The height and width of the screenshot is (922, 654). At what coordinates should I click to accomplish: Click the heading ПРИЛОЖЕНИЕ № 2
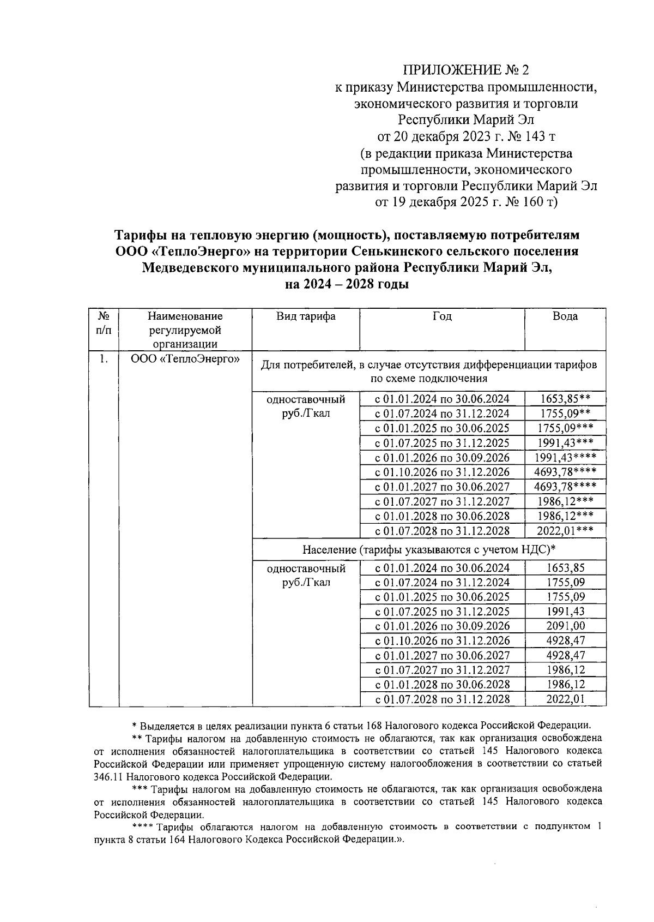(465, 70)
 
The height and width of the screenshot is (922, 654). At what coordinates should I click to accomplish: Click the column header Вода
(565, 316)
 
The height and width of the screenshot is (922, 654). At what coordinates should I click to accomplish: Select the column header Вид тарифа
(305, 316)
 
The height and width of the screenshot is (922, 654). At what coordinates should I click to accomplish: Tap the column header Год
(442, 316)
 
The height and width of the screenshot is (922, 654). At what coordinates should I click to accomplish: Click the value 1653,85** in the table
(565, 399)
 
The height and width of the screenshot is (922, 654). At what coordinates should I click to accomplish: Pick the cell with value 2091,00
(565, 626)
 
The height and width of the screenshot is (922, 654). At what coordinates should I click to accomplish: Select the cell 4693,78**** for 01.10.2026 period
(565, 472)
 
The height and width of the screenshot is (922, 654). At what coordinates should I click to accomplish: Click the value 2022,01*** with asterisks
(565, 531)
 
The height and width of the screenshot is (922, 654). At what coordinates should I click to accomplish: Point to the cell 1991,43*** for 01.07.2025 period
(565, 443)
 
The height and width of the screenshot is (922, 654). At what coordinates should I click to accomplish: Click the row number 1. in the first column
(104, 359)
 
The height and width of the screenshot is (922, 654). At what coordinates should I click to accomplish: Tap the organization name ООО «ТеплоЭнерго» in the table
(185, 359)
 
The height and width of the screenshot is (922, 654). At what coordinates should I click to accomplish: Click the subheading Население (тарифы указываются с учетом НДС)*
(429, 549)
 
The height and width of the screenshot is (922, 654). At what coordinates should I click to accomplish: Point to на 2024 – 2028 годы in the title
(347, 284)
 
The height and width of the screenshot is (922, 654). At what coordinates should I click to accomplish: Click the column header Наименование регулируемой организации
(185, 330)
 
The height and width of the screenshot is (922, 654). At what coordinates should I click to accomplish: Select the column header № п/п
(104, 323)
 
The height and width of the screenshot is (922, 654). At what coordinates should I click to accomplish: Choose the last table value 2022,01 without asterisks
(565, 699)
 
